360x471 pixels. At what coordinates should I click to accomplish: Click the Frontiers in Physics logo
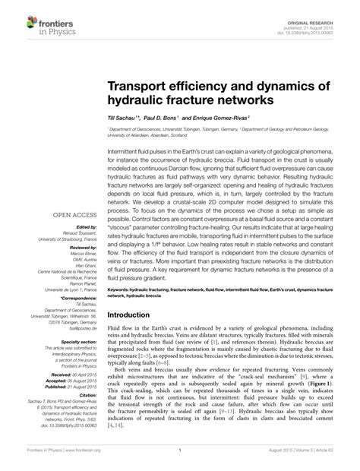click(37, 18)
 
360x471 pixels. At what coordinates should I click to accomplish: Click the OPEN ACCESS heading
click(71, 215)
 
